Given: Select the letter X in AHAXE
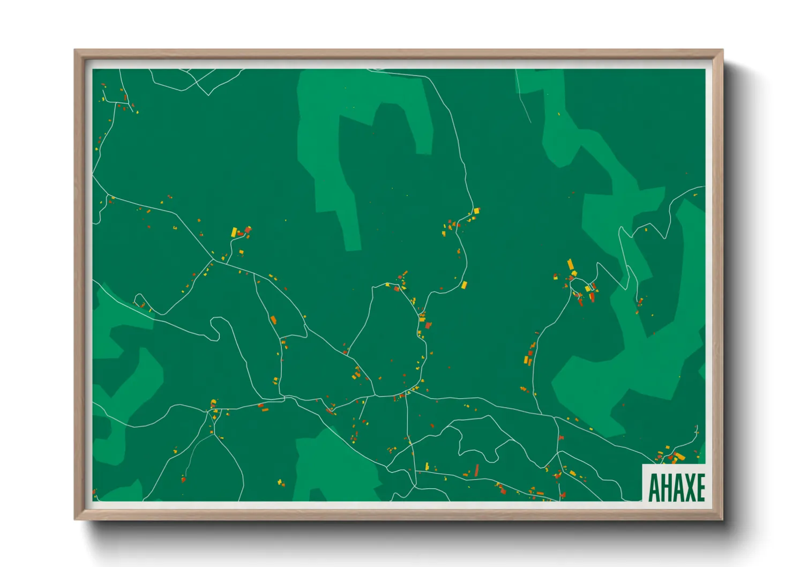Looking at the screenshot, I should coord(688,488).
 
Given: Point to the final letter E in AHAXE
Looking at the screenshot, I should coord(700,488).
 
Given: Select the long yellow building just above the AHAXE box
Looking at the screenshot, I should coord(679,457).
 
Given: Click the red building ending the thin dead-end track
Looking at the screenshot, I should coord(183,479).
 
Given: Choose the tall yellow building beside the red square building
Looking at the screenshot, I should coord(234,232).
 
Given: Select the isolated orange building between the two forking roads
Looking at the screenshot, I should coord(273,320).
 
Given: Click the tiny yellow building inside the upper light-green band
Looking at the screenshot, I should coord(559,114).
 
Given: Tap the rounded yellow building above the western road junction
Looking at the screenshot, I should coord(213,401).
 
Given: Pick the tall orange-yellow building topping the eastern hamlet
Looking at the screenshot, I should coord(570,264).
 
